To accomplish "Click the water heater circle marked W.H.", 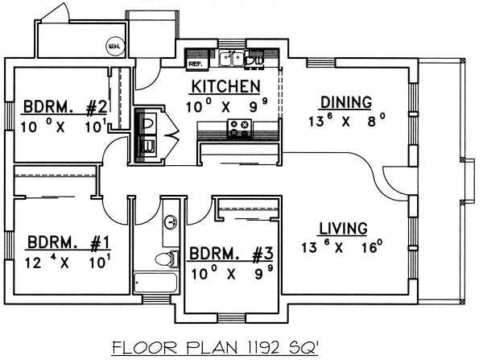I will (114, 46).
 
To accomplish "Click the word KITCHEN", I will (225, 86).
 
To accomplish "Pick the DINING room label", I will (345, 102).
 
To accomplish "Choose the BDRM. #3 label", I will (225, 254).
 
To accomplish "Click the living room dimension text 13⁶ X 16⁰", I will (341, 247).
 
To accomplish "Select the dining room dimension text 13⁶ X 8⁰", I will (345, 121).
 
